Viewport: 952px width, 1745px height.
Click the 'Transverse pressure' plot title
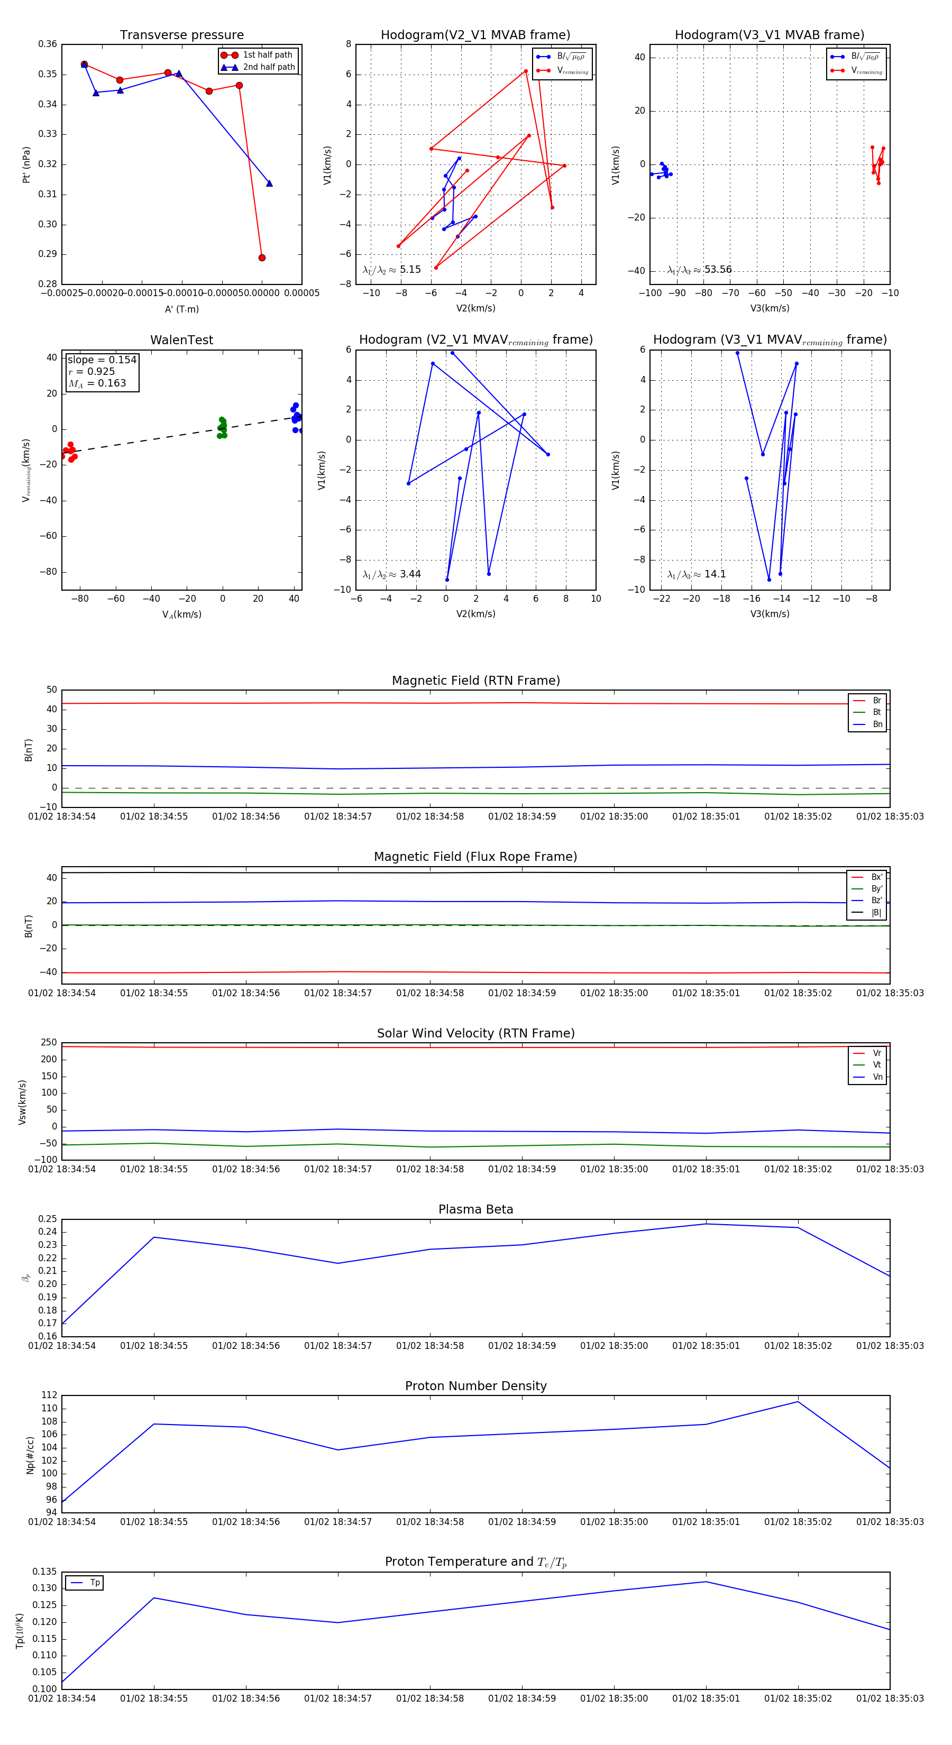[x=181, y=35]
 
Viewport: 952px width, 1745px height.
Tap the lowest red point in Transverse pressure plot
[x=262, y=258]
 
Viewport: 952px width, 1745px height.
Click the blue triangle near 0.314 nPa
[x=269, y=183]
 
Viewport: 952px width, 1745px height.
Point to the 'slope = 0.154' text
[x=102, y=360]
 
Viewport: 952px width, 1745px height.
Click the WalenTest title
[x=181, y=340]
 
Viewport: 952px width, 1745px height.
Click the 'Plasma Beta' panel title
[x=475, y=1209]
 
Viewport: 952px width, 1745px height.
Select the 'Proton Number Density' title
[x=475, y=1386]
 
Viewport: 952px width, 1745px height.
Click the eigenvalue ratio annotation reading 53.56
[x=699, y=270]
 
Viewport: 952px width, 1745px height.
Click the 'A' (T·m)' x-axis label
[x=181, y=309]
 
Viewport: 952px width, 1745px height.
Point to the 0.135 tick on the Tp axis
[x=45, y=1572]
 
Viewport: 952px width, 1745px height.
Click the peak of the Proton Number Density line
[x=798, y=1402]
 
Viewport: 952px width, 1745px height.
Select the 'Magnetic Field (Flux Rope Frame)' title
[x=475, y=857]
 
